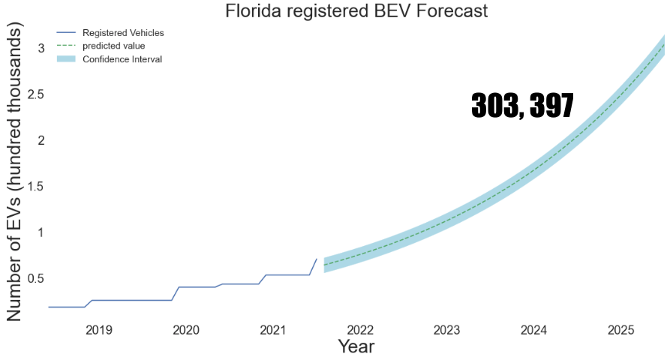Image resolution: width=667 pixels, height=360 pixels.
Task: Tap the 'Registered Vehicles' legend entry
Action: point(123,33)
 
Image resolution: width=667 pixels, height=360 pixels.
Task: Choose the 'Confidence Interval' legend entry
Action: point(122,58)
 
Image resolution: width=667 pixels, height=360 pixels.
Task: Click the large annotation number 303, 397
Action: point(522,106)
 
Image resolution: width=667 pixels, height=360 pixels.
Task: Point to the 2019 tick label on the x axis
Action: point(99,330)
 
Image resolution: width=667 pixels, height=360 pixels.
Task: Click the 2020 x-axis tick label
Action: point(186,330)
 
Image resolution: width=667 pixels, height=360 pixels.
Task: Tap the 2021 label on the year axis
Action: point(273,330)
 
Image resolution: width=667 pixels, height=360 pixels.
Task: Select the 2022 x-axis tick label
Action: point(360,330)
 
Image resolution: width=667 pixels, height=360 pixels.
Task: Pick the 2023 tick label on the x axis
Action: point(447,330)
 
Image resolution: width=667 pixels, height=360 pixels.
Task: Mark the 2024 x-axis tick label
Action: point(534,330)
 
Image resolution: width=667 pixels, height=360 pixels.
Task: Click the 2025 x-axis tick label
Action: point(621,330)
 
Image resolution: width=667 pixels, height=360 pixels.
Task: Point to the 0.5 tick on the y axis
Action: point(37,279)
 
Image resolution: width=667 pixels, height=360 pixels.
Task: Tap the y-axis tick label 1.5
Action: point(37,187)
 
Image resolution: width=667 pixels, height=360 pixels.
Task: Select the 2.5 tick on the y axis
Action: point(37,94)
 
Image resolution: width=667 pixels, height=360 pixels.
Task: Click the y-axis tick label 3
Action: point(42,49)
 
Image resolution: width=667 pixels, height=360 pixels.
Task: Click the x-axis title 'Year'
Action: point(356,346)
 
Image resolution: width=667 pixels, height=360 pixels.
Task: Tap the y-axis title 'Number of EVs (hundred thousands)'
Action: point(15,172)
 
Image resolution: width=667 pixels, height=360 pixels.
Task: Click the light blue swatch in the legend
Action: point(67,58)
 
